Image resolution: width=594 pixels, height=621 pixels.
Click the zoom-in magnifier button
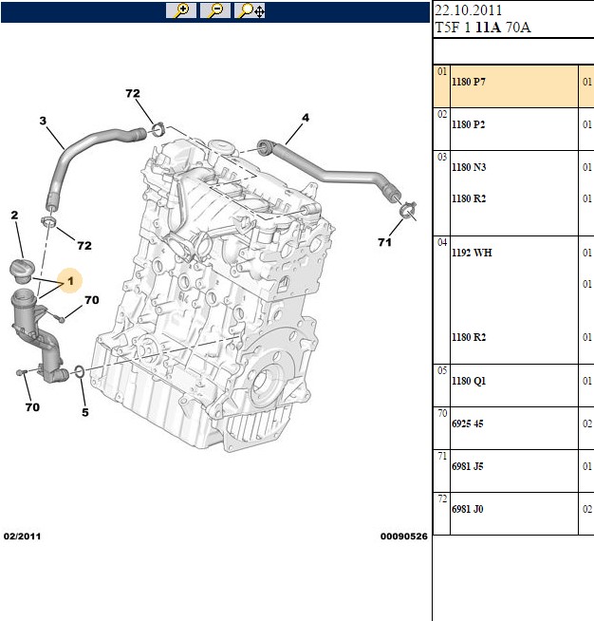(181, 10)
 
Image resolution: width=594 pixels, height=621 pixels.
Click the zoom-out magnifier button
(215, 10)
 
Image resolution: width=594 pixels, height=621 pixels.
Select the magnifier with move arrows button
(250, 10)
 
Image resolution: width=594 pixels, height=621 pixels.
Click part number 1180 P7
(469, 82)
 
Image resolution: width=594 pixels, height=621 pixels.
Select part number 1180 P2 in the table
(469, 124)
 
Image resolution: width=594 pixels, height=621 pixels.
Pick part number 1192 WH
(472, 253)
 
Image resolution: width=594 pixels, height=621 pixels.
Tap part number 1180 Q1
(469, 381)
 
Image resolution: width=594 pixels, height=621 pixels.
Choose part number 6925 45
(468, 423)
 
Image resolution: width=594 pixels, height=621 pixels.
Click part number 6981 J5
(468, 466)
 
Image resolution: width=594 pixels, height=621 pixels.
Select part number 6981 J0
(468, 509)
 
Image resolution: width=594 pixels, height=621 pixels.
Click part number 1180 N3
(469, 167)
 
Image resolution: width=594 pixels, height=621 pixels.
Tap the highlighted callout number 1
(70, 281)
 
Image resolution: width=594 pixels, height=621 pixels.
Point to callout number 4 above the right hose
(306, 118)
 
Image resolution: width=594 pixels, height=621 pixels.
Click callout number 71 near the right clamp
(384, 242)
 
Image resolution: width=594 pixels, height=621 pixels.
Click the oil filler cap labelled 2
(22, 271)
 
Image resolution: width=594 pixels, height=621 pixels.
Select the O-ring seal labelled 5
(79, 372)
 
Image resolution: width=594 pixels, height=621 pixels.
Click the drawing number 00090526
(403, 536)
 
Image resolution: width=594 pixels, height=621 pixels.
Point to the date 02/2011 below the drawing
(22, 536)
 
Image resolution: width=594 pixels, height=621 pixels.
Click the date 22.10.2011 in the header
(468, 9)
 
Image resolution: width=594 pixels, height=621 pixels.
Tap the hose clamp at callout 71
(408, 210)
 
